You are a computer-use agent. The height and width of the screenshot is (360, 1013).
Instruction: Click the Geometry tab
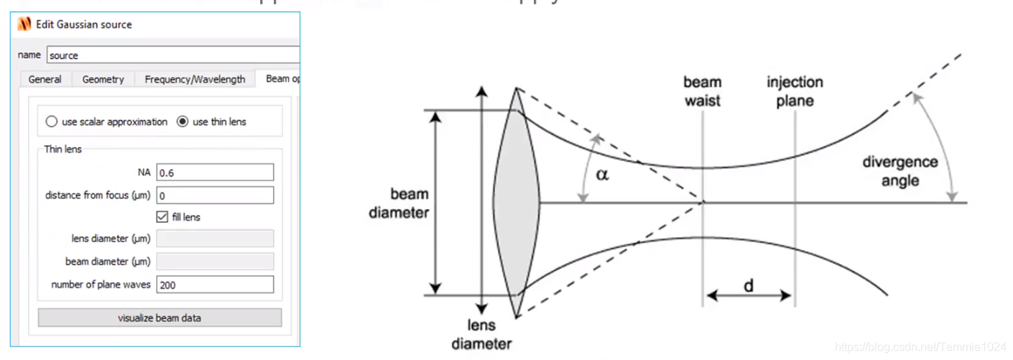[103, 79]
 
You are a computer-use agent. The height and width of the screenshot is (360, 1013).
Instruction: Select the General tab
[45, 79]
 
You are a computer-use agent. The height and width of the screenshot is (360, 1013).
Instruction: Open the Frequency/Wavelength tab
[195, 79]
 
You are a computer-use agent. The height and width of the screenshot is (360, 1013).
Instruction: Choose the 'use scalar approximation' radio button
[52, 122]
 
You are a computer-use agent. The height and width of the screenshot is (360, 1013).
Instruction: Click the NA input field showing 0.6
[215, 172]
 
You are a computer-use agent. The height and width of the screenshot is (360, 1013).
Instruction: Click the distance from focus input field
[215, 195]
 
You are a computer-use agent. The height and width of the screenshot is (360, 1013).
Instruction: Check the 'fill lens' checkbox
[162, 217]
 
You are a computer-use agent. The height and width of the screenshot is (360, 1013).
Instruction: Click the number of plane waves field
[215, 285]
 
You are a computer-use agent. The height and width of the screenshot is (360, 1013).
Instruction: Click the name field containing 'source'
[172, 55]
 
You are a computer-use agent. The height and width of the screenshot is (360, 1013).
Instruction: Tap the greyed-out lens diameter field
[215, 239]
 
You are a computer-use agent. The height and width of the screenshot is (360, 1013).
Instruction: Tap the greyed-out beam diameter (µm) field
[215, 262]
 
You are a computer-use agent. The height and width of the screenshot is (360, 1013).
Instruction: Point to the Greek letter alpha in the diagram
[602, 174]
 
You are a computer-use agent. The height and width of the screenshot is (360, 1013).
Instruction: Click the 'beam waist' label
[703, 91]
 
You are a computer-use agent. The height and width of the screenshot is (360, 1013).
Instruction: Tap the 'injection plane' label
[795, 91]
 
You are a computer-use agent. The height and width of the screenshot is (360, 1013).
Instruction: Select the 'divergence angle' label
[900, 171]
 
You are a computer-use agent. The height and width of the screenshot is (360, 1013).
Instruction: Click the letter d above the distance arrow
[749, 286]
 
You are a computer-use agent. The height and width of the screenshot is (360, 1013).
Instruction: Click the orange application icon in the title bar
[24, 24]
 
